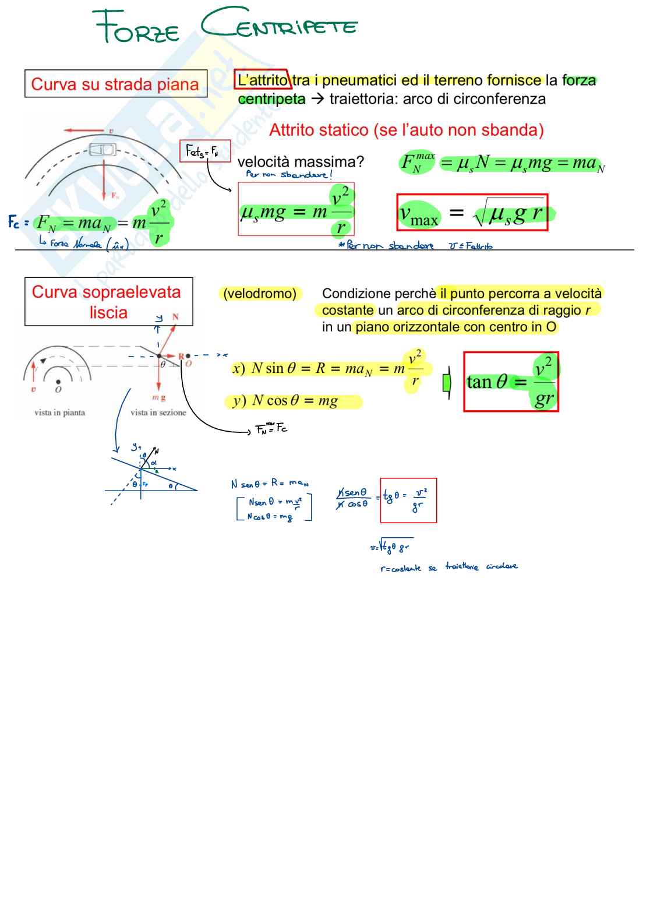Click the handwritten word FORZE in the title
137,27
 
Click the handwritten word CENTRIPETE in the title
280,24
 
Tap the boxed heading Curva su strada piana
115,84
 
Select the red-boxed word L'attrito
262,80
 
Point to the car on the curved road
103,150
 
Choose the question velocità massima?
301,161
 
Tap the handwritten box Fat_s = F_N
204,151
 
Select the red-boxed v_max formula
472,213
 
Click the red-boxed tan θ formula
511,382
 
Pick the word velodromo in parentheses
260,294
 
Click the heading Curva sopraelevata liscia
108,302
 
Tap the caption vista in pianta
59,413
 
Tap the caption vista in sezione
158,413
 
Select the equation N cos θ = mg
294,401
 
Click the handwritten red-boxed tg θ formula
408,500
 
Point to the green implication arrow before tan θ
447,383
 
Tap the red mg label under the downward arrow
158,397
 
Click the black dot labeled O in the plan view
58,382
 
